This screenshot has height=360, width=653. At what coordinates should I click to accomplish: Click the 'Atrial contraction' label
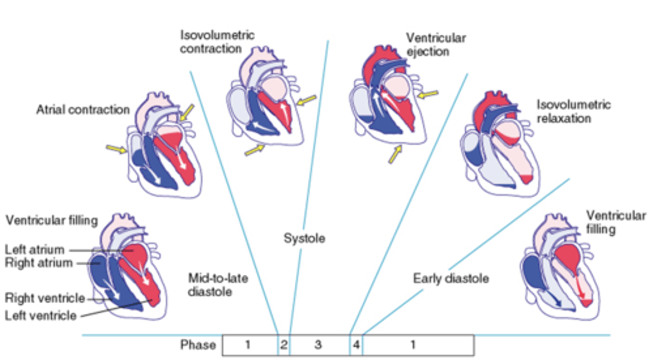83,110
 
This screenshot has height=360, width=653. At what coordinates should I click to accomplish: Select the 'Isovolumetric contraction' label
217,42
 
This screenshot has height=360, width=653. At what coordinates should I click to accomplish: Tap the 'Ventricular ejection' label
435,44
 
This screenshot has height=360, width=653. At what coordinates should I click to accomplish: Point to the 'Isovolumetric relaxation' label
573,112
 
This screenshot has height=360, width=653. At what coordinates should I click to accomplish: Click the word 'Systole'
304,238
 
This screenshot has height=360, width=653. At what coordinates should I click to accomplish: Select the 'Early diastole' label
451,278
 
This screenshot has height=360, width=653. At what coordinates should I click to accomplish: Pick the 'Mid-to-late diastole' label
218,284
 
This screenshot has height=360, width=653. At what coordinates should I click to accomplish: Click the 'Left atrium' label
34,249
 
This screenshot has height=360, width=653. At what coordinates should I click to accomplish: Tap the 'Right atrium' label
39,263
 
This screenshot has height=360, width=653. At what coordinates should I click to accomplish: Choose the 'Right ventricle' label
45,298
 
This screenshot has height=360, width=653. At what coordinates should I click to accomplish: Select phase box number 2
283,345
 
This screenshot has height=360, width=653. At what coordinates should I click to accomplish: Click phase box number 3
318,345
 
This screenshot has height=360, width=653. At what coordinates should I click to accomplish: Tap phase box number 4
356,345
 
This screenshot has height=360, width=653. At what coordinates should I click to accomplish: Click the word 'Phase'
198,345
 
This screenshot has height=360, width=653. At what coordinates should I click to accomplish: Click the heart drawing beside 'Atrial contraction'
163,145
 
